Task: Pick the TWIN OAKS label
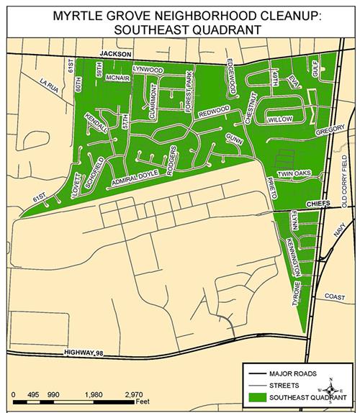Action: click(294, 173)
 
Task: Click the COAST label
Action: click(336, 296)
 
